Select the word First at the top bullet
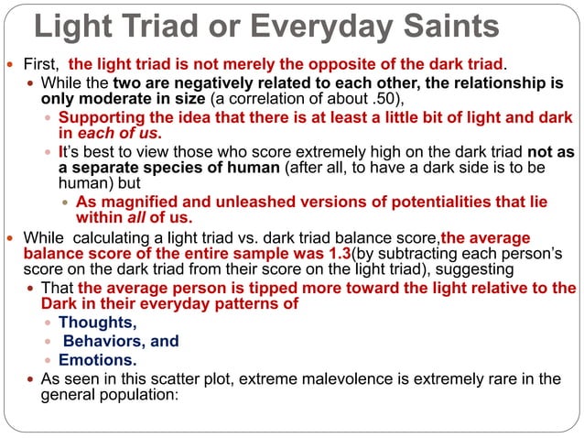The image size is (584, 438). click(40, 64)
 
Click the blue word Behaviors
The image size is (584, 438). click(103, 341)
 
